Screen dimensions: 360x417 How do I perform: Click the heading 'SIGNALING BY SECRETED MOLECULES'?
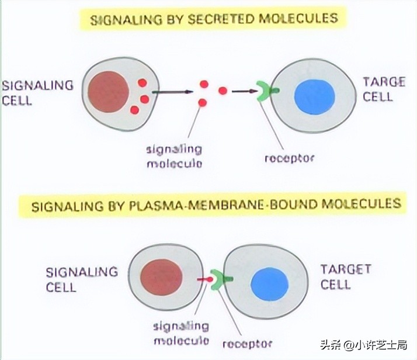(x=214, y=19)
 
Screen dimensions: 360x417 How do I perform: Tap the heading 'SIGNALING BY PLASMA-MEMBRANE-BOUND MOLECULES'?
(x=216, y=205)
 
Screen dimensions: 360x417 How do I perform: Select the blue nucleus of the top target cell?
(x=314, y=96)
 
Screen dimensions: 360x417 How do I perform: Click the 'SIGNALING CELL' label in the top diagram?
(x=37, y=92)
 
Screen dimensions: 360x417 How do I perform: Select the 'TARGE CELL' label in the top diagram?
(x=384, y=89)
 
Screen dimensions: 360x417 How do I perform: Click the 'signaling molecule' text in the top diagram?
(x=174, y=156)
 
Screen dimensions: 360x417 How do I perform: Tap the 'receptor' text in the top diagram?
(x=290, y=158)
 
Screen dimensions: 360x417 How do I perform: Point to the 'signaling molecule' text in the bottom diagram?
(x=180, y=333)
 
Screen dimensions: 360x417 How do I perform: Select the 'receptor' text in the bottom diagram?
(x=247, y=344)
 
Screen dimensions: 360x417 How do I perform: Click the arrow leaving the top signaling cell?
(x=173, y=92)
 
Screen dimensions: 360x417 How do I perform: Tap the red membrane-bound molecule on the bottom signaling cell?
(x=204, y=280)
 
